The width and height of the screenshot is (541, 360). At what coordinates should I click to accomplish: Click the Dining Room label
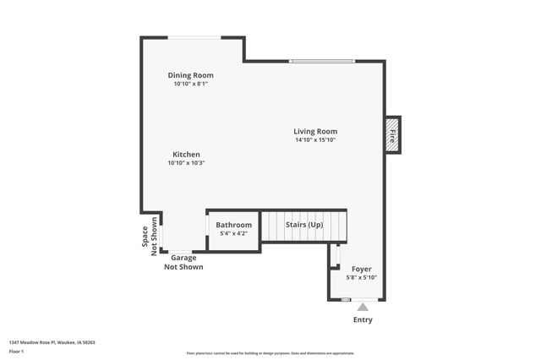coord(190,75)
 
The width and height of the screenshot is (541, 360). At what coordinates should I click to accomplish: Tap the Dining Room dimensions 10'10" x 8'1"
coord(190,84)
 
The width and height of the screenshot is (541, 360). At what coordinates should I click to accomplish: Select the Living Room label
coord(315,131)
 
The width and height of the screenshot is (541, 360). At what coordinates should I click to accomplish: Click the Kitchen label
coord(186,155)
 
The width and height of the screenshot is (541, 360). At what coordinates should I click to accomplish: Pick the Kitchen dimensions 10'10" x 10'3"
coord(186,163)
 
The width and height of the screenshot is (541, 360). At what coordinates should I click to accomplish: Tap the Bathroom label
coord(233,225)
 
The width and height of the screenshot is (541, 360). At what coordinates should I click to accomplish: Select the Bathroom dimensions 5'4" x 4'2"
coord(233,233)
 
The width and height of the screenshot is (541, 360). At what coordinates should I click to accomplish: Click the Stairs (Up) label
coord(303,225)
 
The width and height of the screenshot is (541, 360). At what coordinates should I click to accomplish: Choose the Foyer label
coord(361,269)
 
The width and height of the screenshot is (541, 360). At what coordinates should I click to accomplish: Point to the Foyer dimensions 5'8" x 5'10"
coord(361,277)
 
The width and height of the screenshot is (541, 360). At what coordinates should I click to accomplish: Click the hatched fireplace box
coord(392,134)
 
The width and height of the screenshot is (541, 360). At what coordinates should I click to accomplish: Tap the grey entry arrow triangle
coord(362,307)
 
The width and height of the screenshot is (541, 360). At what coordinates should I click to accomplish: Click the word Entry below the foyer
coord(362,320)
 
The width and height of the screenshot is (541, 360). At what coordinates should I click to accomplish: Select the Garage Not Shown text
coord(183,263)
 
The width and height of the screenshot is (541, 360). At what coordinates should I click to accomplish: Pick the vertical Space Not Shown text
coord(149,236)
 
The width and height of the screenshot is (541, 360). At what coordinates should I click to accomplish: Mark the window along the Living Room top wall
coord(321,61)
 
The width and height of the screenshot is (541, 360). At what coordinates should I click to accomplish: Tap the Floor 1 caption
coord(16,350)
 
